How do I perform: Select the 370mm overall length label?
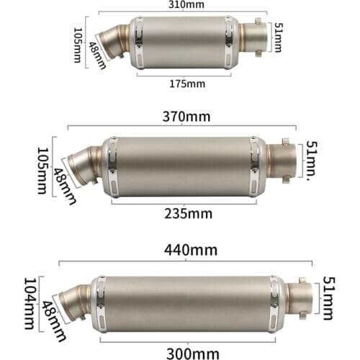click(x=185, y=116)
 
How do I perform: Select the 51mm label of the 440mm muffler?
click(x=328, y=297)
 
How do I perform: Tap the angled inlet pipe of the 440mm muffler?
click(x=72, y=294)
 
